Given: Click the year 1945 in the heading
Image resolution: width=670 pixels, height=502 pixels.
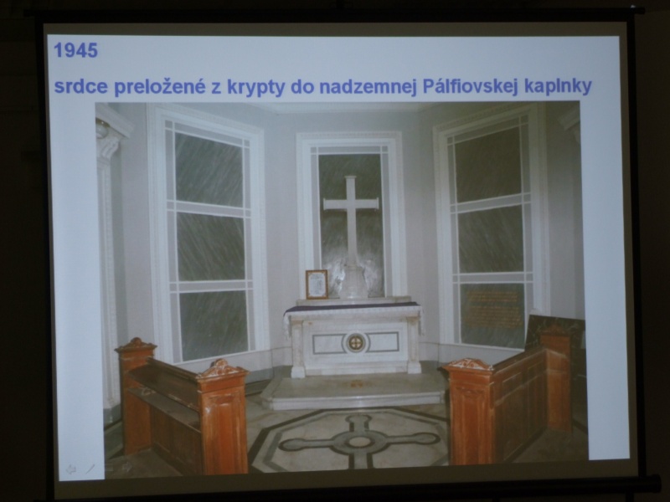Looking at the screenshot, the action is [75, 50].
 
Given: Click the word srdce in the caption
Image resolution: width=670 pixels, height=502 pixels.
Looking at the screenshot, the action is [80, 87].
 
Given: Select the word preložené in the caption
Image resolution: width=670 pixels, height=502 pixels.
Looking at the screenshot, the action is [159, 87].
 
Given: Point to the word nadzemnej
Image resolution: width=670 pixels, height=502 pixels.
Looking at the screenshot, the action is [368, 87].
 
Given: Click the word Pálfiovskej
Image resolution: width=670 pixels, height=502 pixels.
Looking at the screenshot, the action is [470, 86].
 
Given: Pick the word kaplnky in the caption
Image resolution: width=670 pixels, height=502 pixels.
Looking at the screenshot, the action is [558, 86].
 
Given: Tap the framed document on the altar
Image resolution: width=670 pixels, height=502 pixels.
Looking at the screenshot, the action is [317, 284].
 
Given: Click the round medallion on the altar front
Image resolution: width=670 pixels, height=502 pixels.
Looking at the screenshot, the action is [355, 342].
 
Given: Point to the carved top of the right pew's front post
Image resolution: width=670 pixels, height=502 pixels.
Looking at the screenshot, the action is [470, 366].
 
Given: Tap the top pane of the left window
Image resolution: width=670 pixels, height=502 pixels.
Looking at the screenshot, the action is [209, 169].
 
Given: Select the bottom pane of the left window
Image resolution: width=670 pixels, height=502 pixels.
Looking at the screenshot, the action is [214, 325].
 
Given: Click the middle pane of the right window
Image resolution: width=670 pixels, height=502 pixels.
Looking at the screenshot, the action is [491, 238].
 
